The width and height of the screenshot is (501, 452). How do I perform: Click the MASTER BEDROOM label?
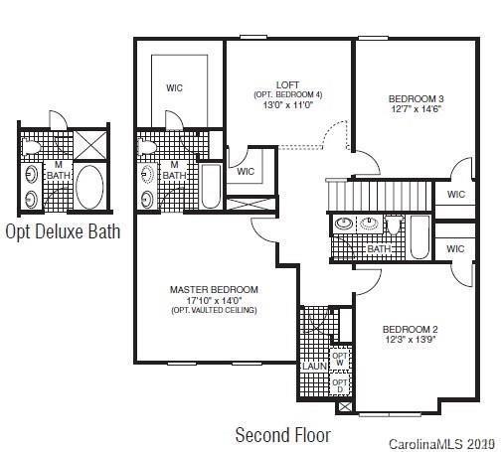pos(213,289)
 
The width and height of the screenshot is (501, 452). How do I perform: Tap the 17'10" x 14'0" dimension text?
pos(213,299)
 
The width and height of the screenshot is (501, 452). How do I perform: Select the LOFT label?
pos(287,84)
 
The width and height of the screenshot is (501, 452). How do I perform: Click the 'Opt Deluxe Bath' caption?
pos(63,231)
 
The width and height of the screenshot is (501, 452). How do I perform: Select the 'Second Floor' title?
pos(282,434)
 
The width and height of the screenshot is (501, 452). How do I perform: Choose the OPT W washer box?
pos(340,359)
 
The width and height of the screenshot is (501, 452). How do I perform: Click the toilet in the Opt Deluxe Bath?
pos(33,147)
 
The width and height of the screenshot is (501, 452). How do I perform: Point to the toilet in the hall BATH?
pos(394,226)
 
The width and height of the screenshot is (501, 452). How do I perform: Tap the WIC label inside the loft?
pos(246,170)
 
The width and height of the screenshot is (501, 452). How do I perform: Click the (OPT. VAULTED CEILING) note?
pos(213,310)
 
